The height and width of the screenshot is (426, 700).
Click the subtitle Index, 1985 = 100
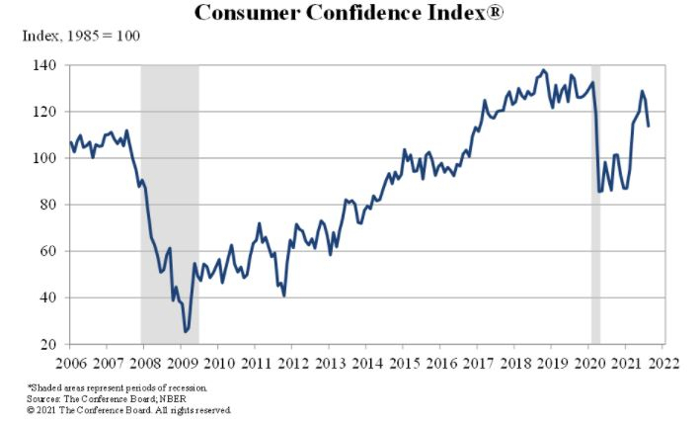pos(81,36)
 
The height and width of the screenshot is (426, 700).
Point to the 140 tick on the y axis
pos(44,65)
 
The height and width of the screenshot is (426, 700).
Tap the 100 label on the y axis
pos(44,158)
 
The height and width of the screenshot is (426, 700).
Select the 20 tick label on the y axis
pos(48,344)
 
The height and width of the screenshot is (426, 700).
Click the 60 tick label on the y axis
pos(48,251)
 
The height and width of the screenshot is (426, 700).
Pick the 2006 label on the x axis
pos(71,363)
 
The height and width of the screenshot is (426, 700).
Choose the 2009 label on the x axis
pos(182,363)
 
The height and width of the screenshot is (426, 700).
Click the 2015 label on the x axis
pos(405,363)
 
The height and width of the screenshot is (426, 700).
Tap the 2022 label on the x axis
pos(663,363)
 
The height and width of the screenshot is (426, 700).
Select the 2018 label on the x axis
pos(515,363)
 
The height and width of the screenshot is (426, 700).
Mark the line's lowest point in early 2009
pos(186,332)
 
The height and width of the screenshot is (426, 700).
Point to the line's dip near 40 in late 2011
pos(284,296)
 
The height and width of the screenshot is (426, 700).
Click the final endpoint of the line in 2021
pos(649,127)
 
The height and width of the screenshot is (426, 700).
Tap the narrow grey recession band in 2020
pos(595,205)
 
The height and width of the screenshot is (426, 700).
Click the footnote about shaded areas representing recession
pos(117,387)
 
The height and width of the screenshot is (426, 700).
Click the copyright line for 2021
pos(129,410)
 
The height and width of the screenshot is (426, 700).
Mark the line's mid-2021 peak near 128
pos(642,91)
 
